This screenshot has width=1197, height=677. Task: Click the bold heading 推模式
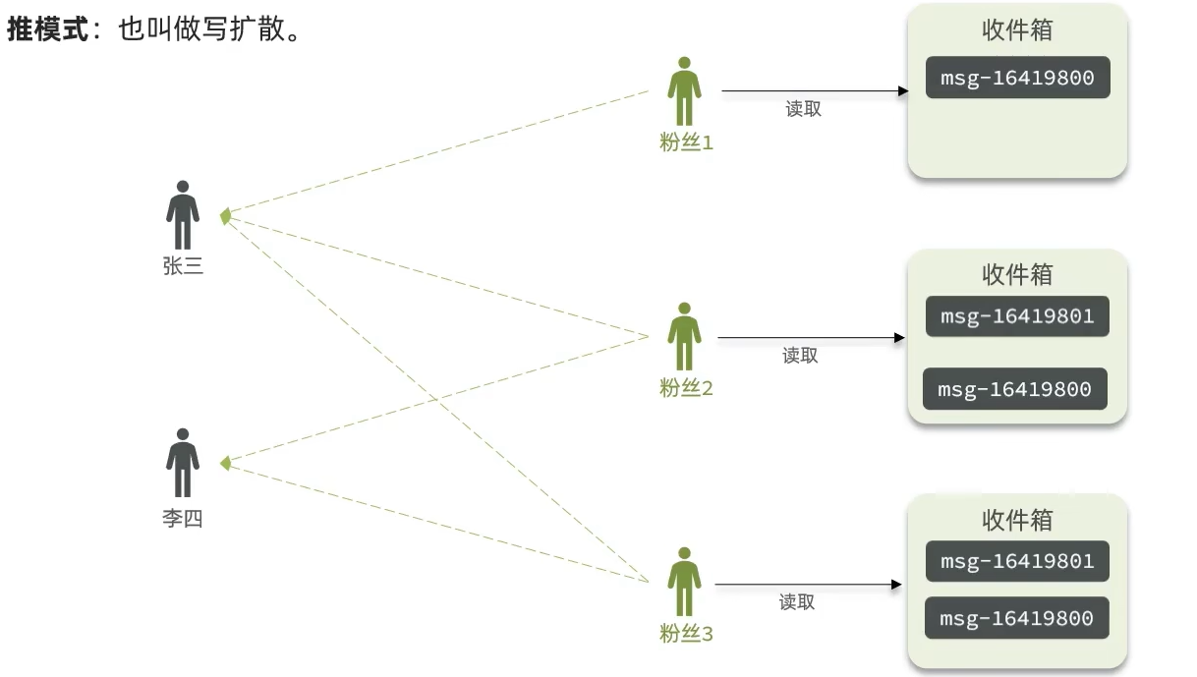coord(47,30)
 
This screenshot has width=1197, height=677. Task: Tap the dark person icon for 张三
coord(183,214)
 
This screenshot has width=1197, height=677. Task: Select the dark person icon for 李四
coord(183,462)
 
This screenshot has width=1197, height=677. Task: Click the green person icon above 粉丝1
coord(685,90)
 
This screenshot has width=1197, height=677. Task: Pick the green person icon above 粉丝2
coord(685,336)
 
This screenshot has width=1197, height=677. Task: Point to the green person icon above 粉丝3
coord(685,582)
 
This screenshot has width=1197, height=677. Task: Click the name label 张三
coord(183,265)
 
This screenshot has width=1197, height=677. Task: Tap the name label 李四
coord(183,519)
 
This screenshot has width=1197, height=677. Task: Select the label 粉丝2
coord(686,389)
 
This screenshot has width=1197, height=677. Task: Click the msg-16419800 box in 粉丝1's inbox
coord(1017,78)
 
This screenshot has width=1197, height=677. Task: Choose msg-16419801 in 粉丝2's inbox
coord(1017,316)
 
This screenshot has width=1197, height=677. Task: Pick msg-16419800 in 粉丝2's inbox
coord(1014,389)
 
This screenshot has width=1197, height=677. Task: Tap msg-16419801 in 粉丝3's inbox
coord(1017,561)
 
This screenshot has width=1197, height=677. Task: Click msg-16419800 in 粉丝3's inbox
coord(1017,618)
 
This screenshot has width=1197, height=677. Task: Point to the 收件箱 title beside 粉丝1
coord(1017,30)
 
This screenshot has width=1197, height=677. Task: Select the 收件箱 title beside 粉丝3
coord(1017,519)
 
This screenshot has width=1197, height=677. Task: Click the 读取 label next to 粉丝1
coord(803,110)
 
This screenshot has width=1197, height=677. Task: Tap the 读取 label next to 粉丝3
coord(797,602)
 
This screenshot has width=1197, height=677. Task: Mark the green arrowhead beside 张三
coord(225,215)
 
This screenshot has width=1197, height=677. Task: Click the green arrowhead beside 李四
coord(225,463)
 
